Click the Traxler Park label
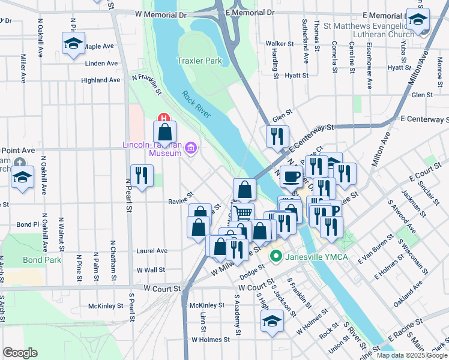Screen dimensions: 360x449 tap(199, 61)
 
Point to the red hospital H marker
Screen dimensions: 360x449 tap(161, 118)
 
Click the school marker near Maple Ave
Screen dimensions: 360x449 tap(73, 44)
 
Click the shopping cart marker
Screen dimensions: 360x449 tap(243, 212)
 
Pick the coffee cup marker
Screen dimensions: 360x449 tap(292, 176)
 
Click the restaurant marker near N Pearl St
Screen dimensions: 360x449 tap(141, 176)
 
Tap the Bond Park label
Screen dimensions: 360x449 tap(42, 260)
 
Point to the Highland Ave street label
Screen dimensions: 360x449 tap(100, 80)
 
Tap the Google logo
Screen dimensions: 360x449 tap(20, 353)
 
